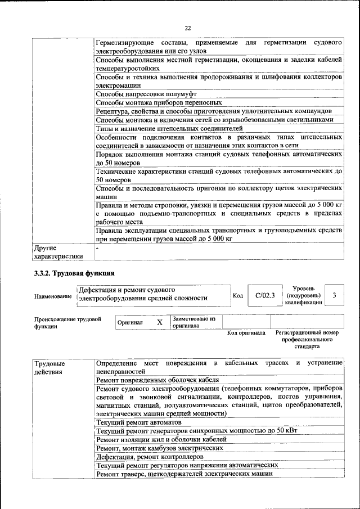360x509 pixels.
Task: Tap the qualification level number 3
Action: (335, 295)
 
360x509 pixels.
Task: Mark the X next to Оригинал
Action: (159, 322)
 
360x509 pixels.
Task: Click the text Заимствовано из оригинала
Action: (194, 322)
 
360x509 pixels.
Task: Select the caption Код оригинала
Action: (246, 333)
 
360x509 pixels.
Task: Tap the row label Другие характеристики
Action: (59, 252)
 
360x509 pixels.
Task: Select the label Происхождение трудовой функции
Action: (67, 322)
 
